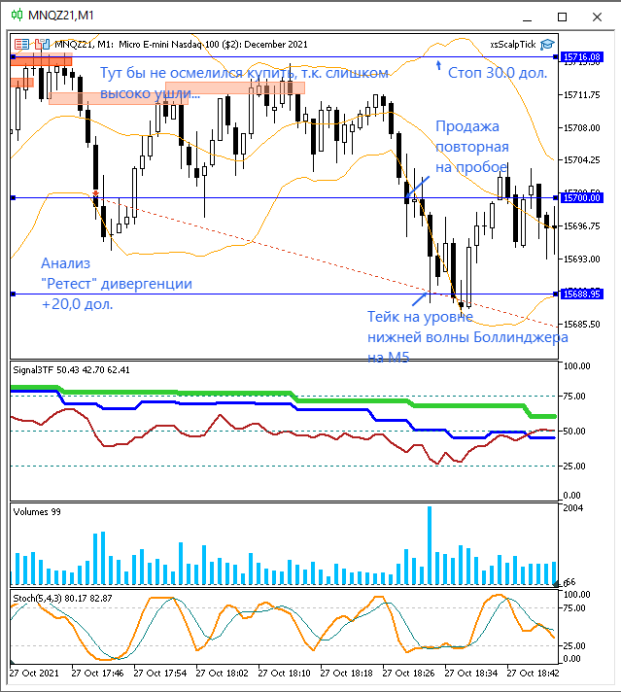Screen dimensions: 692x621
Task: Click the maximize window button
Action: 561,16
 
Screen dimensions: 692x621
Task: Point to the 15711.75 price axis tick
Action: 580,95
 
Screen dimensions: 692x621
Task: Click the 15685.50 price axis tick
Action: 580,324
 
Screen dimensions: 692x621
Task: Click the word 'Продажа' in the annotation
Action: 467,126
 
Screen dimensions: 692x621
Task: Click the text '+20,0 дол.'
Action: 77,304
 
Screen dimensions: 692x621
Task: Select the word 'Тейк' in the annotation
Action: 386,316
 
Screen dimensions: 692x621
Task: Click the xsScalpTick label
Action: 513,44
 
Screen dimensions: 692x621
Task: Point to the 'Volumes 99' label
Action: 37,510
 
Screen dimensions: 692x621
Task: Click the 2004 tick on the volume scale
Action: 573,508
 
